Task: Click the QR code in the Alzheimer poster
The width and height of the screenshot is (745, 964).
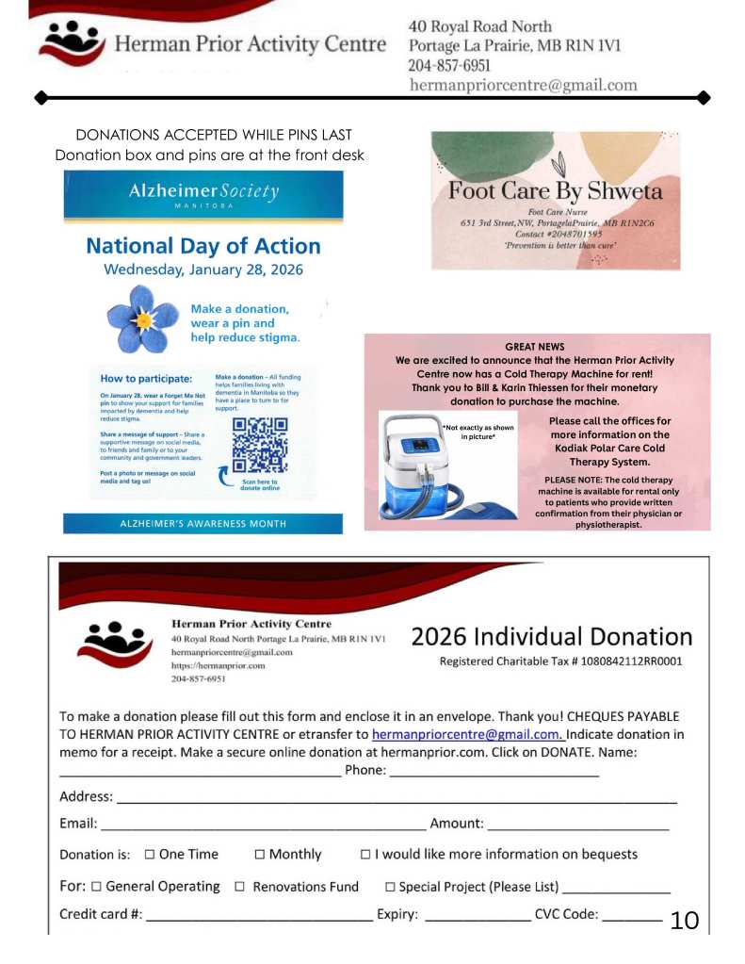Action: [260, 444]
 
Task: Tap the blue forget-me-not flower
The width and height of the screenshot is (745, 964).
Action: [142, 320]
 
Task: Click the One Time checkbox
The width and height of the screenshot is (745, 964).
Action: [149, 855]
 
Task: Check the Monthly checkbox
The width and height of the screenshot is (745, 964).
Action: [259, 855]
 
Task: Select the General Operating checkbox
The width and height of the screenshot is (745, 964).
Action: [95, 887]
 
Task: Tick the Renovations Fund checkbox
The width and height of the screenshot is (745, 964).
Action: [239, 887]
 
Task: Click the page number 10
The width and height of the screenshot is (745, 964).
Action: [685, 921]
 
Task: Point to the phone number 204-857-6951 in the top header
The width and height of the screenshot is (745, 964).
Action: [448, 66]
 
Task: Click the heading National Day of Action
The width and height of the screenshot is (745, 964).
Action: [202, 246]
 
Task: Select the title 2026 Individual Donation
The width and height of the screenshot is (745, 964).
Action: [551, 636]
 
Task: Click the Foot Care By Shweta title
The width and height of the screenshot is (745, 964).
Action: [555, 191]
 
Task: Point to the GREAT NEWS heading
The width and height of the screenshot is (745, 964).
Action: [535, 347]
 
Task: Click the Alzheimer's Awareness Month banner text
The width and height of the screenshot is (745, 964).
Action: [202, 524]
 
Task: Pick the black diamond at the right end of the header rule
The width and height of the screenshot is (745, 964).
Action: [703, 97]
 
